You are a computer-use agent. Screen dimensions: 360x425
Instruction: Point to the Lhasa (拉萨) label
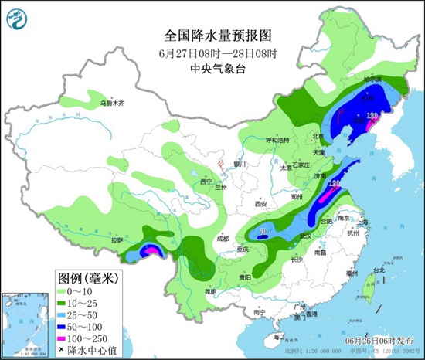click(x=117, y=240)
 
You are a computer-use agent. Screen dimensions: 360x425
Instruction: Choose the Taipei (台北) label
click(x=379, y=270)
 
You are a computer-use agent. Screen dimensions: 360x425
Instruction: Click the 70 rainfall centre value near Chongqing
click(x=263, y=231)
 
